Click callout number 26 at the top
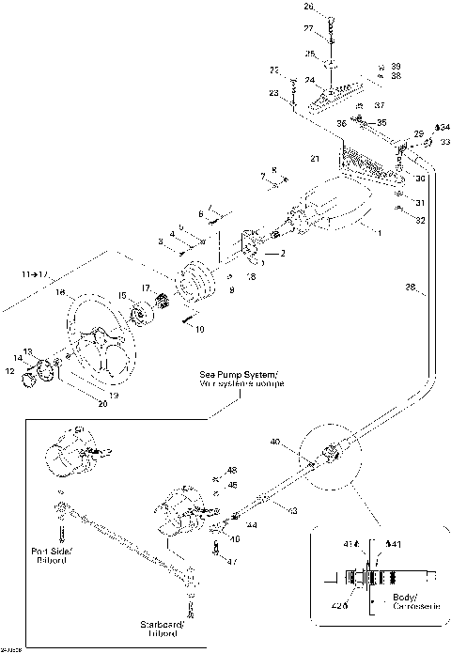[308, 7]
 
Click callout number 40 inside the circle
[275, 441]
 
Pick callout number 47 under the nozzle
[232, 561]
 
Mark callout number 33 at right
[444, 142]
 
